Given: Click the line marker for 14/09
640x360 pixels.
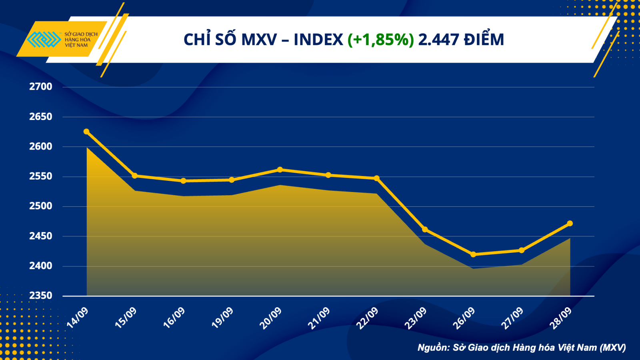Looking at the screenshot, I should [x=86, y=132].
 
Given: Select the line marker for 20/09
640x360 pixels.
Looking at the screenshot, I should [x=280, y=170].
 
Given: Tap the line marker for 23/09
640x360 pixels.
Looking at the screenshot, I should [x=425, y=230].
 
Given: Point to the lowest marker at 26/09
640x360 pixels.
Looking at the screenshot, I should [x=473, y=254].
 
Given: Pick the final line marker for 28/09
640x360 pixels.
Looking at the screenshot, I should [x=570, y=223].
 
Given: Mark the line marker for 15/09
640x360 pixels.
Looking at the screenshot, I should [x=135, y=176].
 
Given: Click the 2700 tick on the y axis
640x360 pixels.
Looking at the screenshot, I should [x=41, y=87].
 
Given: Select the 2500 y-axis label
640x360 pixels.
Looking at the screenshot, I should [x=41, y=206].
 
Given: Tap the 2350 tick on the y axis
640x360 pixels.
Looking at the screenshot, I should [x=41, y=296].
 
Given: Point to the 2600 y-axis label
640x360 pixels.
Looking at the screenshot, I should [x=41, y=146].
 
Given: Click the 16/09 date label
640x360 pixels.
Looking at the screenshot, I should [x=174, y=318].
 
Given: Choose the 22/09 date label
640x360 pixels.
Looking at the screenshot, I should [x=367, y=318].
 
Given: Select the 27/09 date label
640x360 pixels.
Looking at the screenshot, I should [x=512, y=318].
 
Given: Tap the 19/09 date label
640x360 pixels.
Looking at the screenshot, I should [x=222, y=318].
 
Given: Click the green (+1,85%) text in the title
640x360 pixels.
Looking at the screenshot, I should [x=380, y=40].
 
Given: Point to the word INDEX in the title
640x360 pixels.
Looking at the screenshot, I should [x=318, y=40].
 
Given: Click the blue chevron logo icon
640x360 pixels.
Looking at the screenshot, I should [x=44, y=40].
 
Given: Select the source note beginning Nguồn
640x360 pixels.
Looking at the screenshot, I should [x=522, y=348].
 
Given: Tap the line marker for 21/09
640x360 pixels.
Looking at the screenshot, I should [x=328, y=175].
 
